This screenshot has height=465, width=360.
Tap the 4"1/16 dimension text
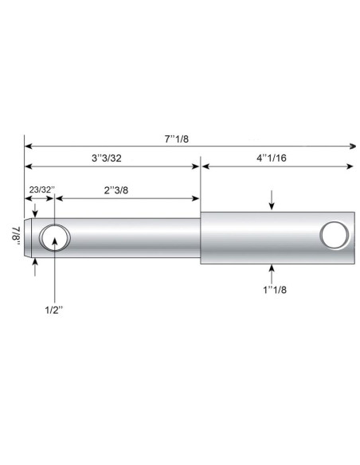[272, 158]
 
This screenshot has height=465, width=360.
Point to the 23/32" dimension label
[41, 191]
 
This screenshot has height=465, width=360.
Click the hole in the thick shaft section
[334, 236]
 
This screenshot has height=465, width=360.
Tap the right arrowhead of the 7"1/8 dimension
[352, 147]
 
